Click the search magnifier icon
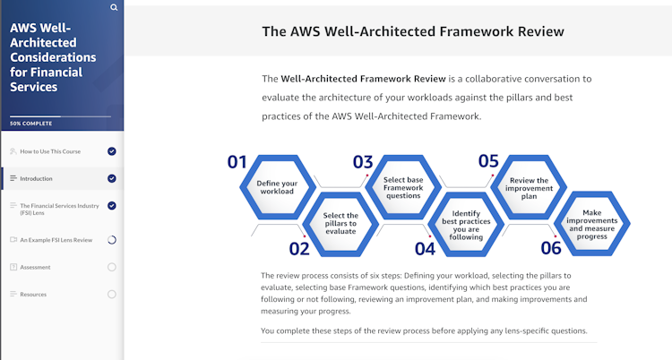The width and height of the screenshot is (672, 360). [x=114, y=7]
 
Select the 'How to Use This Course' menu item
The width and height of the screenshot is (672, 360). [x=50, y=151]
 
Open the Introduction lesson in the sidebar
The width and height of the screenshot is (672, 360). [x=36, y=179]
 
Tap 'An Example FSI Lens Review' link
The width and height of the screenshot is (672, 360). [x=56, y=240]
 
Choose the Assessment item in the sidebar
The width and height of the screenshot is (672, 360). [x=35, y=267]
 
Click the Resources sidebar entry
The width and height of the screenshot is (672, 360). [x=33, y=295]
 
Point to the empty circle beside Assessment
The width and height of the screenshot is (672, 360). [x=112, y=267]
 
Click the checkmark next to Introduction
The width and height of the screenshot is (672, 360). [x=112, y=178]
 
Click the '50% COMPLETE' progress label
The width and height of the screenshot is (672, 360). [x=30, y=124]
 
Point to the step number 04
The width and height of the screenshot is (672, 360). [x=425, y=249]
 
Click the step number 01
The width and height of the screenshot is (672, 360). [x=237, y=162]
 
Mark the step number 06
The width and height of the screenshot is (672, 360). [x=551, y=248]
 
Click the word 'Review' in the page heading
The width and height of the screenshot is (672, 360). [x=541, y=31]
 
